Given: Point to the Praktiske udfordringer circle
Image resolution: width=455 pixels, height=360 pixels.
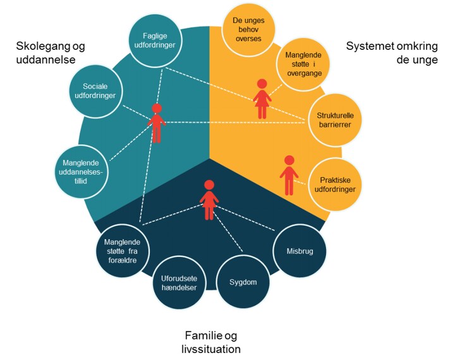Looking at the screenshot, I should pos(333,184).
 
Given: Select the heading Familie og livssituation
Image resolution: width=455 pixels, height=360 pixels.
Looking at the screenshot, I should pos(212,341).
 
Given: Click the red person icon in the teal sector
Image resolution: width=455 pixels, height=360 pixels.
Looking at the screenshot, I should pos(157,123).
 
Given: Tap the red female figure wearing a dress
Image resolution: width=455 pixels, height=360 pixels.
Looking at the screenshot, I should pos(262,99).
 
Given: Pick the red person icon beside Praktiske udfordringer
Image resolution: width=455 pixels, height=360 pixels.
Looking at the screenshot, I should pos(289,175).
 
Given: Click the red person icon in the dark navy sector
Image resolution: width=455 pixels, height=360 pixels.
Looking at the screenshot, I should pos(209,200).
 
